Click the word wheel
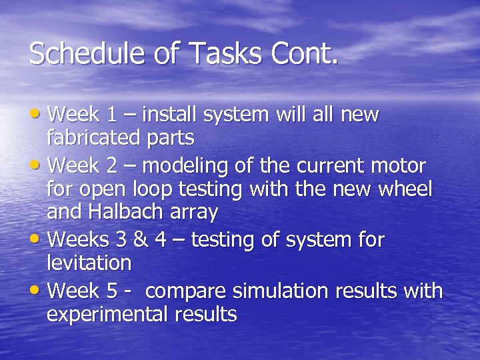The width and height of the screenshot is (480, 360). coord(406,189)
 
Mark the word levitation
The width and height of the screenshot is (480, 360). coord(89,263)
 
